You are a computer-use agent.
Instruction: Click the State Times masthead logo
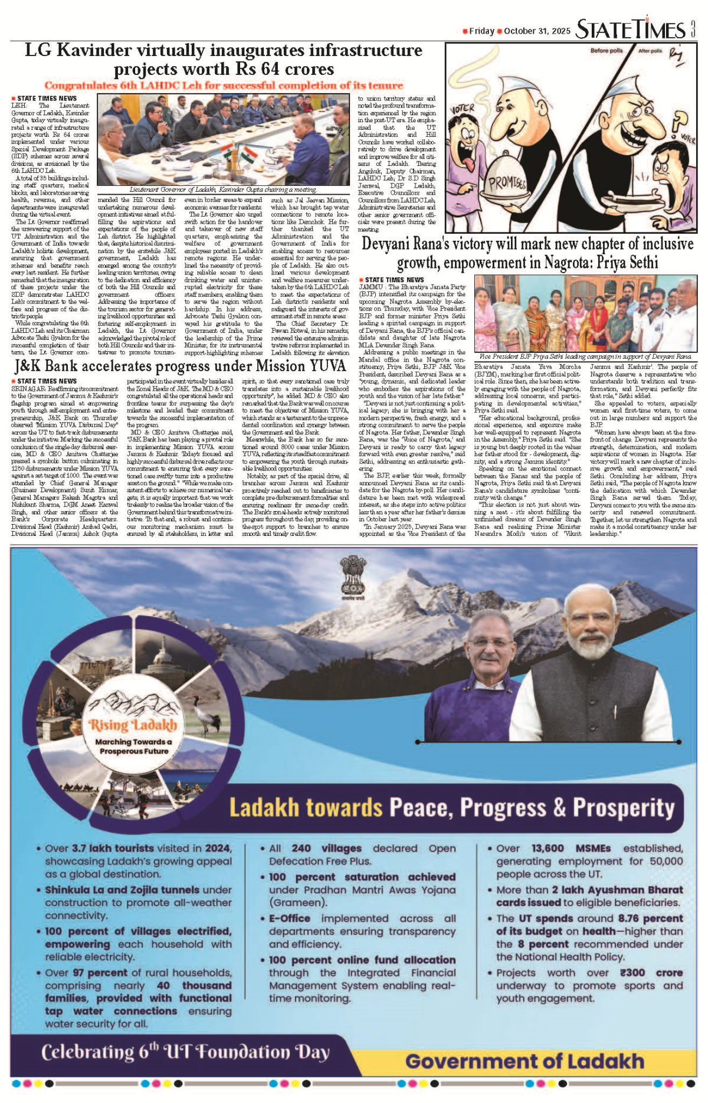tap(630, 30)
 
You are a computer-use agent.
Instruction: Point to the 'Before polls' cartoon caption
tap(606, 51)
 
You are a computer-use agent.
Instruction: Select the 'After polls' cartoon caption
tap(650, 51)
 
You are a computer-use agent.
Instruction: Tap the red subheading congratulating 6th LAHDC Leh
tap(224, 86)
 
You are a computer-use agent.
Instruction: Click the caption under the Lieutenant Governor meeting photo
tap(223, 189)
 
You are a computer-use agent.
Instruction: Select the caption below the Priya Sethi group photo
tap(585, 356)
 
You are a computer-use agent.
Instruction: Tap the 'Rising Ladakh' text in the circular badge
tap(133, 725)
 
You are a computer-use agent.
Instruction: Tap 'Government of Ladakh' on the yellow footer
tap(525, 1061)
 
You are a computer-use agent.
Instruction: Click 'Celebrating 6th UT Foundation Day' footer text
tap(185, 1052)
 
